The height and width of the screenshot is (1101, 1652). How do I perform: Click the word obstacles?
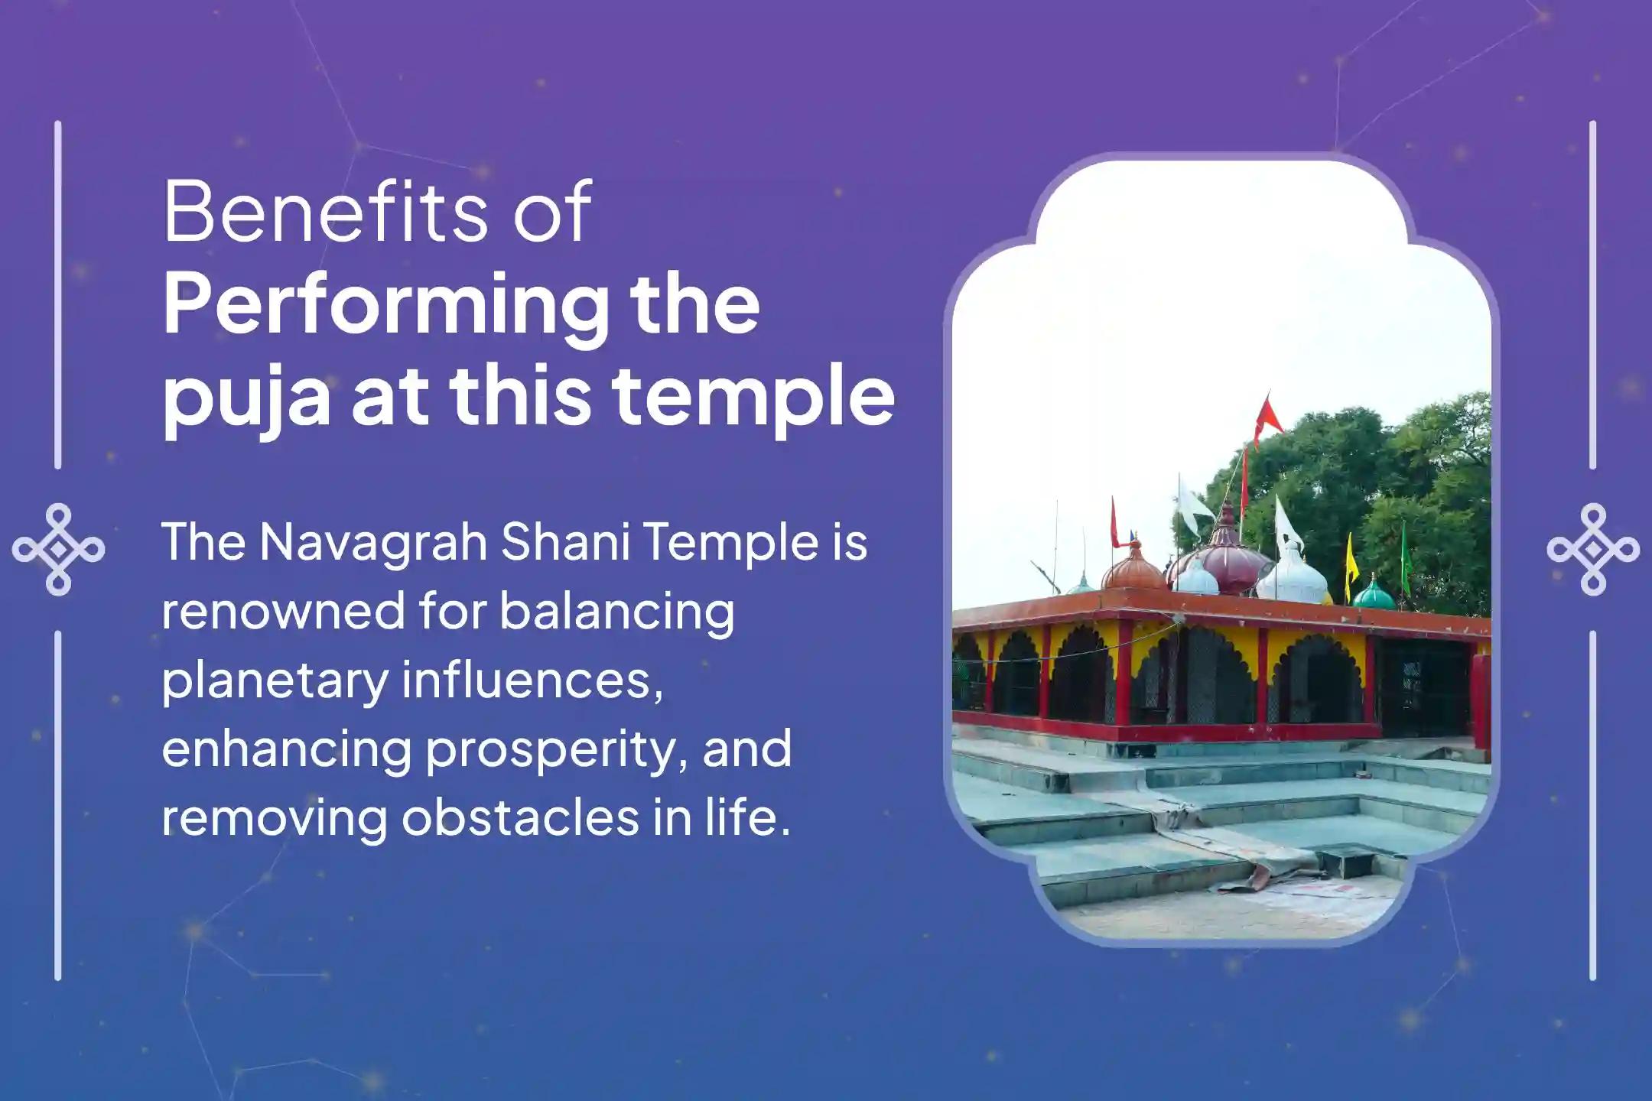521,818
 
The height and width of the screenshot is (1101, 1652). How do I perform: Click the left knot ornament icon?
58,549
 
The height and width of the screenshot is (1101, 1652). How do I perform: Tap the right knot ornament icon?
1593,549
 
